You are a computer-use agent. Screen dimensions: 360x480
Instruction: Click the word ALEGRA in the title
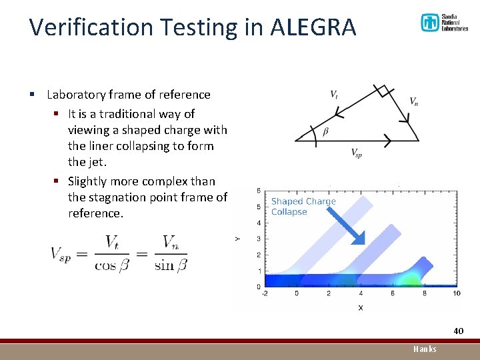(313, 27)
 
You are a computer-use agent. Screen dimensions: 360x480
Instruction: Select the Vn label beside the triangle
(414, 101)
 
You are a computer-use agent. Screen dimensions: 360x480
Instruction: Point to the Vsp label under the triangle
(357, 153)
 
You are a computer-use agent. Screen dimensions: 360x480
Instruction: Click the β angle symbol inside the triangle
(325, 131)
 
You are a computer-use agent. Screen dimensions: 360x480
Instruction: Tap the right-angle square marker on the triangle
(381, 91)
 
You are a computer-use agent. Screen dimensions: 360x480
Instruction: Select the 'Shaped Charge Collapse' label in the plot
(303, 207)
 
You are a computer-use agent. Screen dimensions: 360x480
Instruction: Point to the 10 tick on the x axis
(456, 293)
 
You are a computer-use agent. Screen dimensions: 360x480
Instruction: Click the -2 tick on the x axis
(265, 293)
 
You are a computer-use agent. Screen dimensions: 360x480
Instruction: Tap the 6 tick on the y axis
(258, 191)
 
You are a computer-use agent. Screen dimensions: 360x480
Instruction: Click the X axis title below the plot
(361, 307)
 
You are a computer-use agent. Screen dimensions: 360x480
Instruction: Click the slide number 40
(458, 331)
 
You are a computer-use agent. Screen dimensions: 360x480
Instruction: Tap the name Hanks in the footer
(425, 349)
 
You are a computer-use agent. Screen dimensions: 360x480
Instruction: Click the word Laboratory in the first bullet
(76, 95)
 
